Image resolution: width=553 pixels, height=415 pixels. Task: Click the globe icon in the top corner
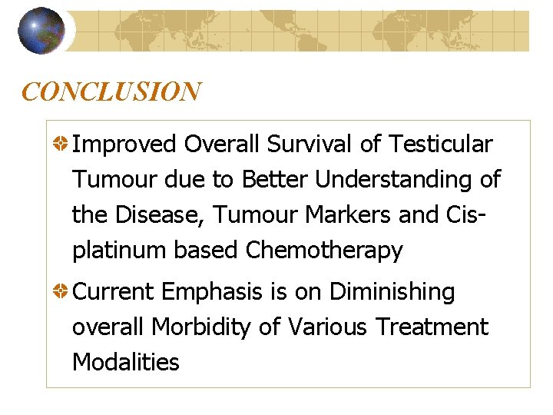41,31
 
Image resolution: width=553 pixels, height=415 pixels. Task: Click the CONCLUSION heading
111,92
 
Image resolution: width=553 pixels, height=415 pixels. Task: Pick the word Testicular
441,144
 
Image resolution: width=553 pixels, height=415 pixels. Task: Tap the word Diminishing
392,292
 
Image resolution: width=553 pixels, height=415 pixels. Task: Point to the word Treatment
432,327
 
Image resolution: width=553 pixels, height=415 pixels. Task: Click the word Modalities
125,363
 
